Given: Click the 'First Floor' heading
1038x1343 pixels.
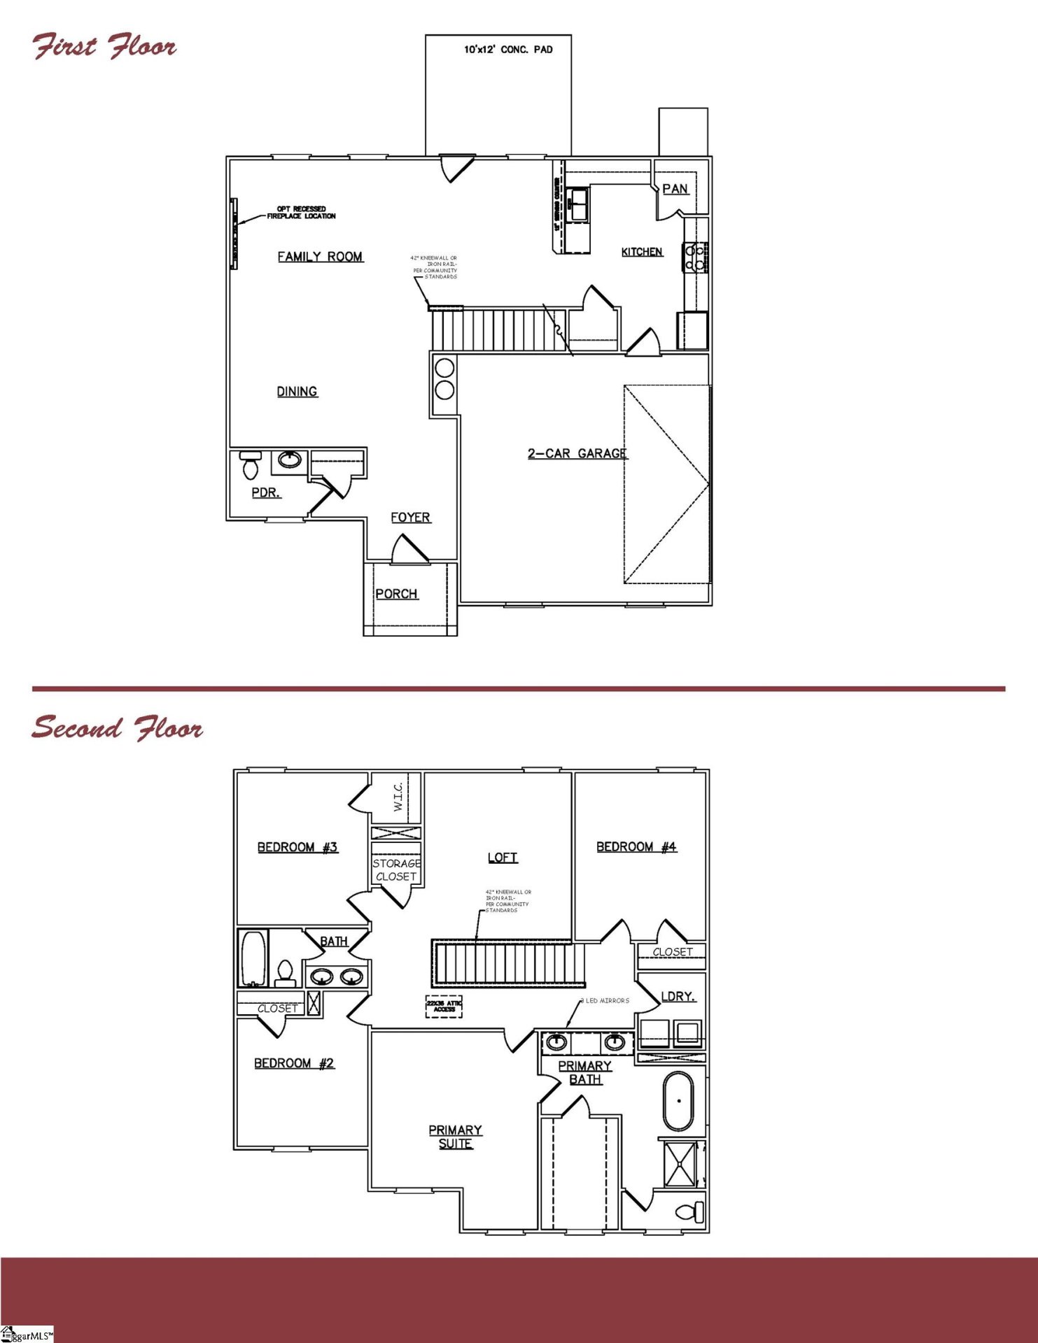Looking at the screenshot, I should click(x=104, y=46).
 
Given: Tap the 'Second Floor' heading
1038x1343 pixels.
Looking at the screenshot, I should click(x=117, y=727).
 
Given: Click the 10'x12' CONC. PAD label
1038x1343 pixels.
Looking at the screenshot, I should click(x=508, y=50).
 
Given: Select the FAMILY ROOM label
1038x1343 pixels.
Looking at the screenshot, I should click(x=320, y=257).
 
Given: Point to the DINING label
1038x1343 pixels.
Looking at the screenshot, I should click(x=297, y=392).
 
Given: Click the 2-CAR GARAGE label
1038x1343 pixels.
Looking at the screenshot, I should click(x=577, y=453).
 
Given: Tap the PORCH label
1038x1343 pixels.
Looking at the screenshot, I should click(x=396, y=594).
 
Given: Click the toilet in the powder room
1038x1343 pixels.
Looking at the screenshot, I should click(x=250, y=464).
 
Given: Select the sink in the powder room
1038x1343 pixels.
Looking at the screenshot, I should click(x=290, y=460).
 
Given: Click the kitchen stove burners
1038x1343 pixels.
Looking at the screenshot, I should click(x=695, y=257).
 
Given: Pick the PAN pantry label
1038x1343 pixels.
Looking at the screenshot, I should click(x=675, y=189).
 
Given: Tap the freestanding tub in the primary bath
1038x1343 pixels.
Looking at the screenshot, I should click(x=678, y=1101).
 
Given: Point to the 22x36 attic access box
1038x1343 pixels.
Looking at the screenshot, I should click(x=444, y=1006).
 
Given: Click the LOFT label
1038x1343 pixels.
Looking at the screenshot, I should click(x=503, y=858).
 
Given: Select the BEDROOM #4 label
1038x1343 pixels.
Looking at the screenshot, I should click(x=636, y=847).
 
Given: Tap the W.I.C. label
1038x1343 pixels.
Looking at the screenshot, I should click(x=398, y=797).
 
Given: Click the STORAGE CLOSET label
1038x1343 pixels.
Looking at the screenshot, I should click(x=396, y=870).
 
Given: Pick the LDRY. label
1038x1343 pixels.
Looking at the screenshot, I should click(x=678, y=996).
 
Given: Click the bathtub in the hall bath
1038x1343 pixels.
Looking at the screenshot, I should click(x=253, y=958).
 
